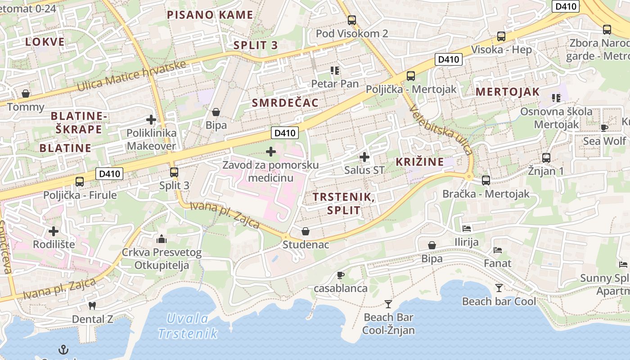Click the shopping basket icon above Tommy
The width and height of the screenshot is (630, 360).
[26, 94]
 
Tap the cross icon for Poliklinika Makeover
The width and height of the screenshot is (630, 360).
[151, 120]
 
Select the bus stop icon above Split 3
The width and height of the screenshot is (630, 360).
[174, 172]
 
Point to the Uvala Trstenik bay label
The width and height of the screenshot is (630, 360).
[188, 326]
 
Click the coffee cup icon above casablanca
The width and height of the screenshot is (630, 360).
[341, 275]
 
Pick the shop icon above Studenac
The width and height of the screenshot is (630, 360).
[306, 231]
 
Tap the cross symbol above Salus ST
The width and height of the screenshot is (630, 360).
[364, 157]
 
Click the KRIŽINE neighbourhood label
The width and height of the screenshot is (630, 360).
[420, 162]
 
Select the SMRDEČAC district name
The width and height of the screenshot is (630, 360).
[285, 103]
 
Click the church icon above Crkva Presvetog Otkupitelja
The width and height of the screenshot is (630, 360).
[162, 238]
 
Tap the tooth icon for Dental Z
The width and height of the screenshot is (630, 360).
[92, 306]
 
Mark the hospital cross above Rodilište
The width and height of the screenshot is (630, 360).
[54, 231]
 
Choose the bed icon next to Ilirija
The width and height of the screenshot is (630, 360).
[467, 229]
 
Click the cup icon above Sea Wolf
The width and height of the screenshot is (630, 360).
[604, 128]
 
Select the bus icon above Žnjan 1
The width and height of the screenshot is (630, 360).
[546, 157]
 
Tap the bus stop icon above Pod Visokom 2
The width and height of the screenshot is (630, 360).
[352, 20]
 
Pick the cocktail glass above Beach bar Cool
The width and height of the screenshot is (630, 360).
[499, 288]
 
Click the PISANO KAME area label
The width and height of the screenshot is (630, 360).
[210, 15]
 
